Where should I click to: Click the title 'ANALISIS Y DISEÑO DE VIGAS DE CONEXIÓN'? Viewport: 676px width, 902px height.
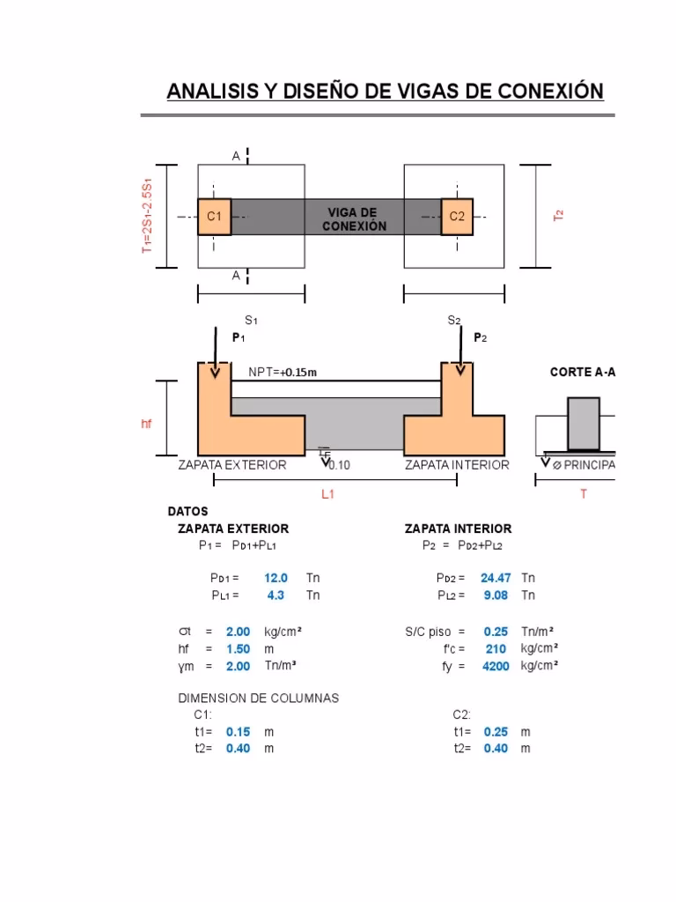point(386,92)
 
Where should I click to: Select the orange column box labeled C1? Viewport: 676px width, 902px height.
point(214,217)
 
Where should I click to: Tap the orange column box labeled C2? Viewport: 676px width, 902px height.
point(457,217)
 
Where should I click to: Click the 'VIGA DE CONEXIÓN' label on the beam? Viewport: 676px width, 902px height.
point(352,219)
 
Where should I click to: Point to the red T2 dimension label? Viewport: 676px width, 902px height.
point(559,215)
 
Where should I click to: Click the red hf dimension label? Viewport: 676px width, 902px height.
point(147,424)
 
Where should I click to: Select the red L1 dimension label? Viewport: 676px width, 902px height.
point(327,495)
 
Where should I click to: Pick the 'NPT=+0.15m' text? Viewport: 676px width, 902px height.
point(282,373)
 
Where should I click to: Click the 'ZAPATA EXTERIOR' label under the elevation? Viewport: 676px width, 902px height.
point(232,465)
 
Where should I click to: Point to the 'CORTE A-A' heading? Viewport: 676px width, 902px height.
point(582,373)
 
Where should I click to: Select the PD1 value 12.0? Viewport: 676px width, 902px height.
point(276,579)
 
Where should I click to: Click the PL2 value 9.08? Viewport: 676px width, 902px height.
point(495,595)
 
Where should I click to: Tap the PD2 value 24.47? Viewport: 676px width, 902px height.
point(496,579)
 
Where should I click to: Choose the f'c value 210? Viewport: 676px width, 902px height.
point(495,649)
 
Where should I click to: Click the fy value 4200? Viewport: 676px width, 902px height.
point(496,667)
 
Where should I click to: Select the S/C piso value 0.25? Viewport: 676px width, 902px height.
point(496,632)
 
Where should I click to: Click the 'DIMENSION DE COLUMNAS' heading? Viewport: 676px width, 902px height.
point(258,698)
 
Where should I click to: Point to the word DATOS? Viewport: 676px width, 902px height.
point(187,511)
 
